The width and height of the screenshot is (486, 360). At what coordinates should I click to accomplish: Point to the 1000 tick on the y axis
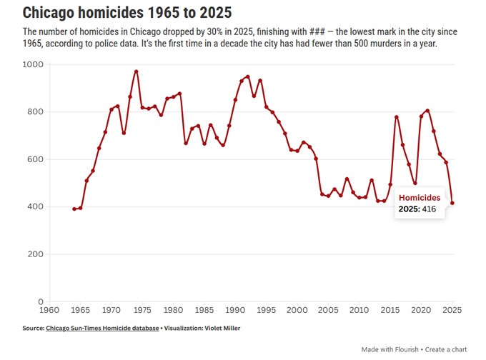[x=33, y=65]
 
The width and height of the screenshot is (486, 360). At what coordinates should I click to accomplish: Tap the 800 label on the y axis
[x=35, y=112]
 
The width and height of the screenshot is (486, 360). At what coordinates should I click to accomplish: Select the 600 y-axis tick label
[x=35, y=159]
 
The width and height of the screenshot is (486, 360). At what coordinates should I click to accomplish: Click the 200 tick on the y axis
[x=35, y=254]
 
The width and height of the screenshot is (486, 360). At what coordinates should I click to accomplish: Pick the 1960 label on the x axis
[x=49, y=311]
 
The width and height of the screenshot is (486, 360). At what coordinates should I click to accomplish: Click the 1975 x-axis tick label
[x=142, y=311]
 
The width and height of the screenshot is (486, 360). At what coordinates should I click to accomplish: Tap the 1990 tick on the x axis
[x=235, y=311]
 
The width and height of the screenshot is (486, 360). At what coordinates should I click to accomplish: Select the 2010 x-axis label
[x=359, y=311]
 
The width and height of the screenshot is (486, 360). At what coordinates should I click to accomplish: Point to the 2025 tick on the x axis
[x=452, y=311]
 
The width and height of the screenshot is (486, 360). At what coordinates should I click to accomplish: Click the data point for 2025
[x=452, y=203]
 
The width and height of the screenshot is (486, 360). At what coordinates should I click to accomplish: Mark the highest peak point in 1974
[x=136, y=71]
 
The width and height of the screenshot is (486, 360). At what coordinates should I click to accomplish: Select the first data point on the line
[x=74, y=209]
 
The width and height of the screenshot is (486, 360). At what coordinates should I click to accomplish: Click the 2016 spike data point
[x=397, y=117]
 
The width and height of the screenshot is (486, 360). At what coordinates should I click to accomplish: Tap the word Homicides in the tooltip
[x=420, y=197]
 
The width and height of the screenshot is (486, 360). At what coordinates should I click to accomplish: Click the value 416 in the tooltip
[x=429, y=209]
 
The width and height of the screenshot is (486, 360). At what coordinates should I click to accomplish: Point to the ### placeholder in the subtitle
[x=318, y=32]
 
